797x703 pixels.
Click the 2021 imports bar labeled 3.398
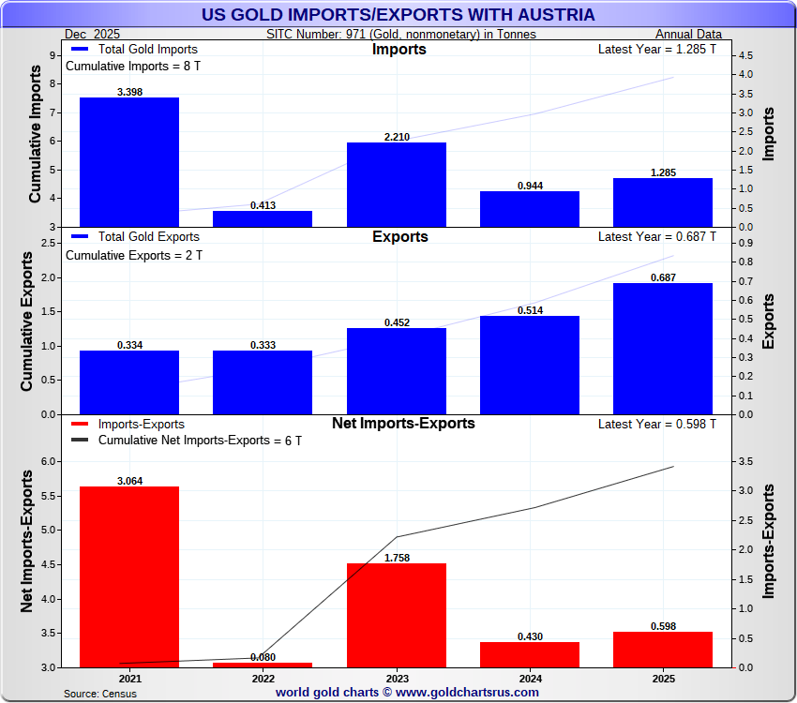[129, 162]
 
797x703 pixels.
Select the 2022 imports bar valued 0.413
[263, 218]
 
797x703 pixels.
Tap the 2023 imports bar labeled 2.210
[397, 185]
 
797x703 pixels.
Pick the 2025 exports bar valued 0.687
[663, 348]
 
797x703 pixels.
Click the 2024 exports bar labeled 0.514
[530, 365]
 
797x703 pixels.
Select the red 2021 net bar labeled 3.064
[129, 576]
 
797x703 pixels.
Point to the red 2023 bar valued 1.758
[397, 615]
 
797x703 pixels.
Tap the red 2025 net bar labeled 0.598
[663, 650]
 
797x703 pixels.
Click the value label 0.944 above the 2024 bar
[531, 186]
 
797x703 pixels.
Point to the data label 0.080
[263, 657]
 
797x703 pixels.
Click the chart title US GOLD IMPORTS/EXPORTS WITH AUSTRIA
[398, 15]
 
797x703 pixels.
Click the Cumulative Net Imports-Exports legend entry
[200, 441]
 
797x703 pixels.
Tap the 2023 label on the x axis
[397, 678]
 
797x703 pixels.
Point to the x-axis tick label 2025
[663, 678]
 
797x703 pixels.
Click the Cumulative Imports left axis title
[35, 127]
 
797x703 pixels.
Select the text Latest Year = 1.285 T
[656, 50]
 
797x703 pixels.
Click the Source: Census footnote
[100, 694]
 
